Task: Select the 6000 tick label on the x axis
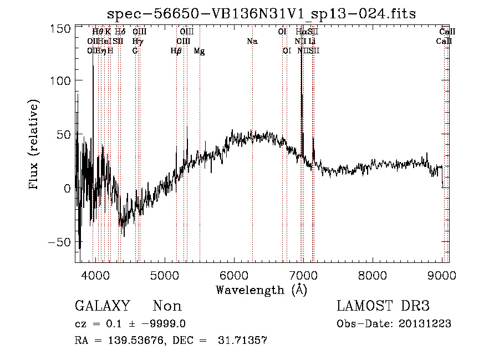point(234,275)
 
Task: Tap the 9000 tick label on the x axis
point(441,275)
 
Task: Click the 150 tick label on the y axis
point(60,28)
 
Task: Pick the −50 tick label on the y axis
point(59,242)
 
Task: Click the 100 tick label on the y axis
point(60,81)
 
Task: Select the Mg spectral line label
point(200,51)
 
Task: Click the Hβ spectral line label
point(176,51)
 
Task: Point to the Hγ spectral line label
point(138,41)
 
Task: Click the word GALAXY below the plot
point(102,306)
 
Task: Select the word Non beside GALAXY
point(167,306)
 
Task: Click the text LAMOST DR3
point(383,306)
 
